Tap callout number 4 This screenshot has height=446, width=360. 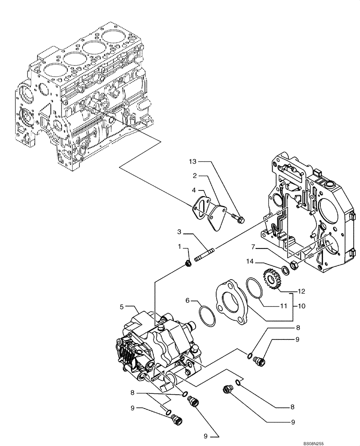click(194, 190)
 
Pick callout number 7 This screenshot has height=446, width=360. click(252, 246)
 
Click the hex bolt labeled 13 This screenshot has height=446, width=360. click(238, 219)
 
